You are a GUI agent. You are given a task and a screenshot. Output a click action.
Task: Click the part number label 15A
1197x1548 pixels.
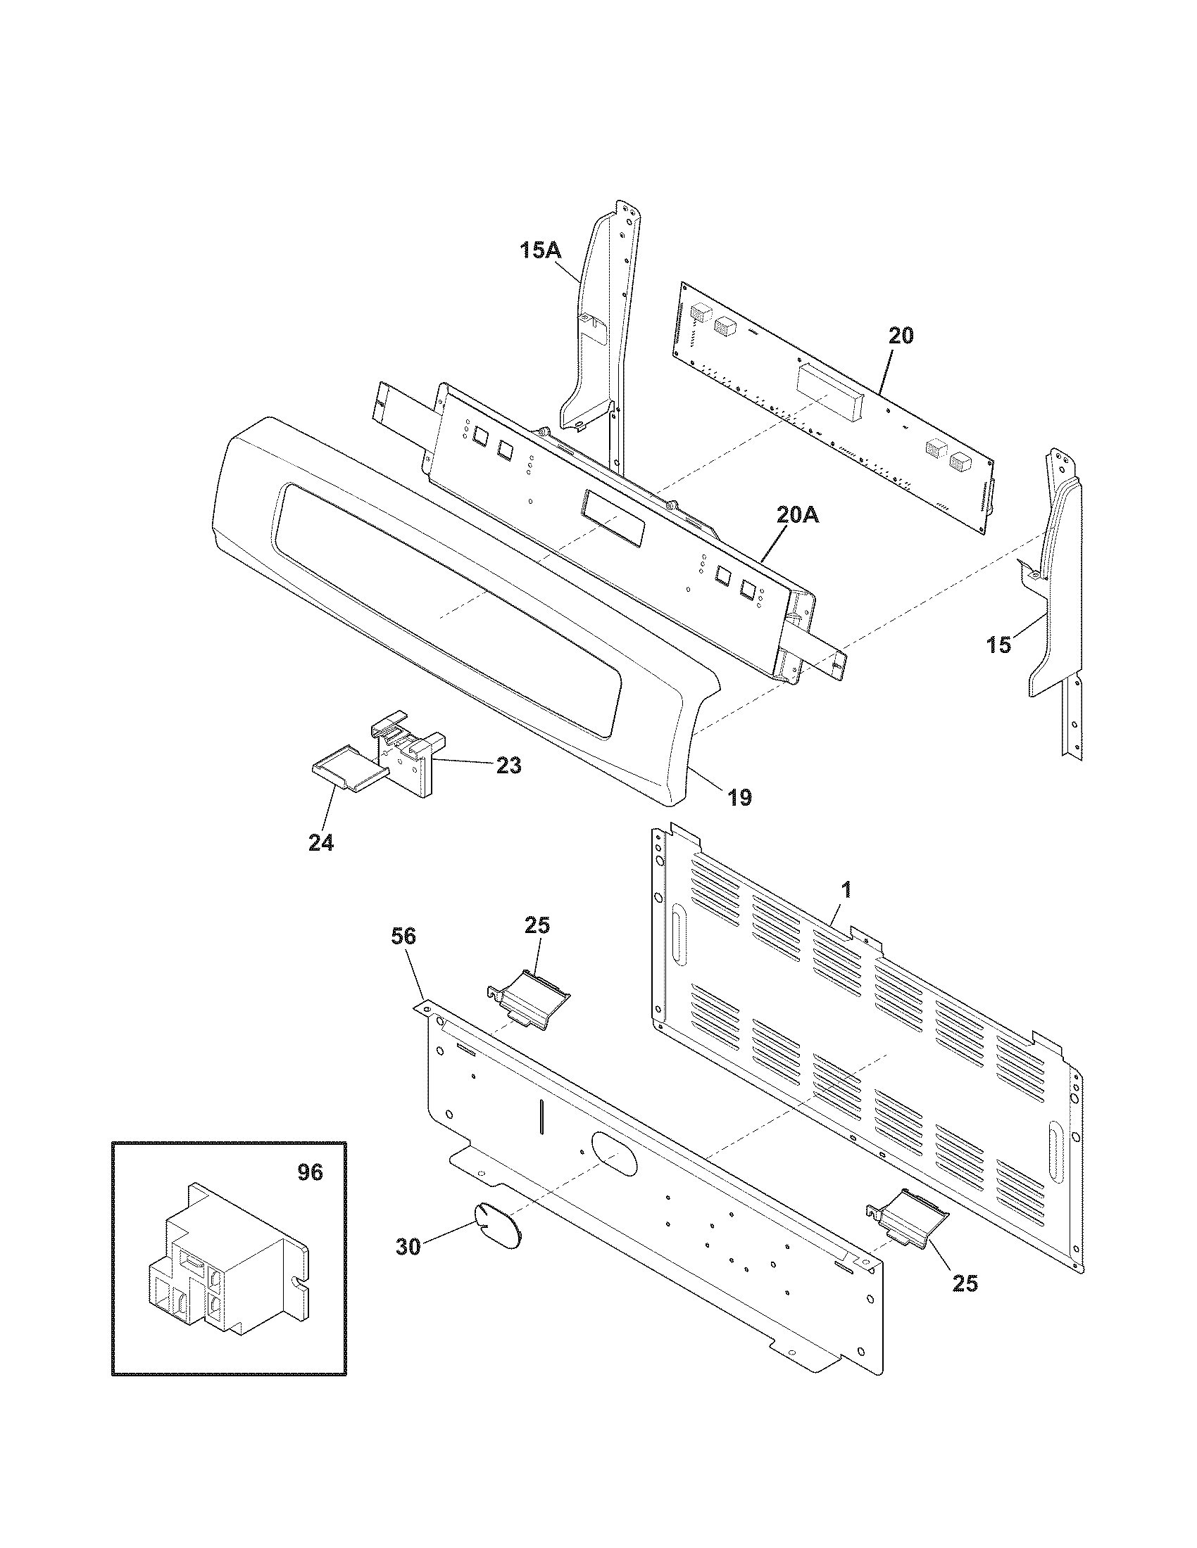(x=540, y=250)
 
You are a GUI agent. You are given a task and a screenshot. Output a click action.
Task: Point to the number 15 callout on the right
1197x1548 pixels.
(x=998, y=645)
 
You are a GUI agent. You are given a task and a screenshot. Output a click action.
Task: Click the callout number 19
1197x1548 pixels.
(x=739, y=797)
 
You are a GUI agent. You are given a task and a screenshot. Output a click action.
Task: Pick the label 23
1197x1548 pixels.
(x=508, y=766)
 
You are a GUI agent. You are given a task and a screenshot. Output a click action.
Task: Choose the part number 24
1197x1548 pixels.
(x=320, y=843)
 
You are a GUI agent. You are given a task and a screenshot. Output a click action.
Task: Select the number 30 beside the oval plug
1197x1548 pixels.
(x=408, y=1247)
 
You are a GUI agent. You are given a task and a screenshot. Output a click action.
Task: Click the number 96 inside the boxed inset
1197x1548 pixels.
(x=309, y=1173)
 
